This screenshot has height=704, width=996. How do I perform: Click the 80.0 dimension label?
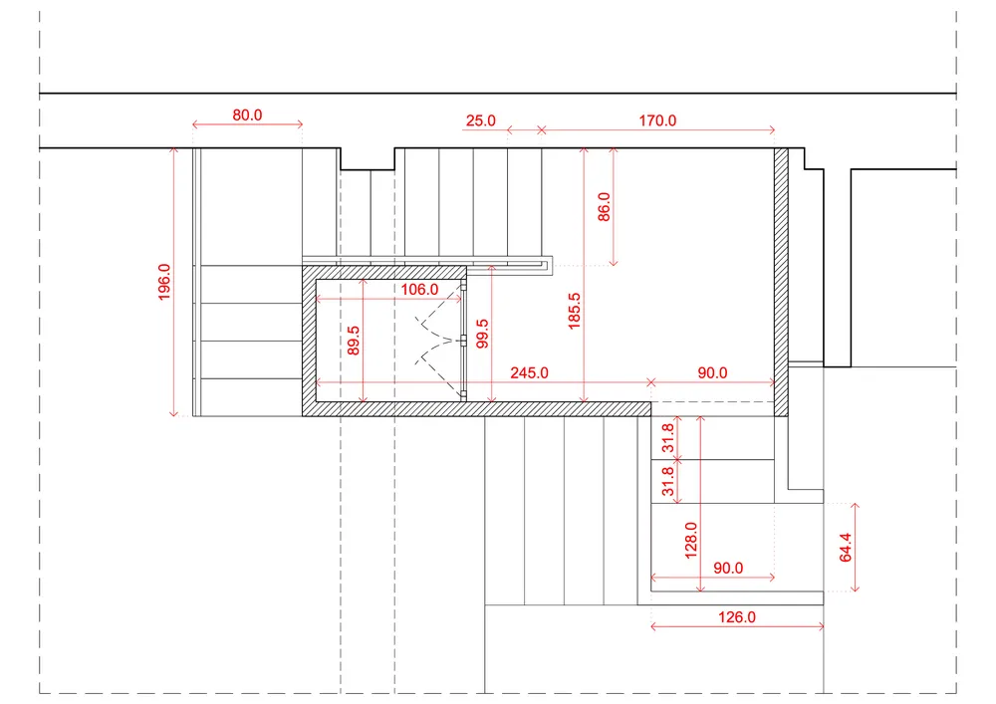247,115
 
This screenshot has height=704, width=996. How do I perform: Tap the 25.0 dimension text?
480,120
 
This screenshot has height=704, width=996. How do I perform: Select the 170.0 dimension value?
657,120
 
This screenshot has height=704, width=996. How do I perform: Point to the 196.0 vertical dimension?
164,281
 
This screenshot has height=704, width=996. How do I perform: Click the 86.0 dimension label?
605,206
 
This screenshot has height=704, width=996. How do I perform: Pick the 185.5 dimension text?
575,311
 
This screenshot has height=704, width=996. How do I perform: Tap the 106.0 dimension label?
419,290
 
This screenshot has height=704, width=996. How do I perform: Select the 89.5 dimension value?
354,341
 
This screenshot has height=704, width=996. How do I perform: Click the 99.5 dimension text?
483,334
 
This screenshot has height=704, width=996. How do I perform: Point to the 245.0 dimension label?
529,372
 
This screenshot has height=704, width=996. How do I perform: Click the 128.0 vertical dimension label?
691,541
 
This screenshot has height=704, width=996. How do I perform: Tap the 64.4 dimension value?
846,548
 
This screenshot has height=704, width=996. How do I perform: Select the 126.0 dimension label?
737,617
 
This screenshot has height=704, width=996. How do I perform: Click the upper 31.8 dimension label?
667,438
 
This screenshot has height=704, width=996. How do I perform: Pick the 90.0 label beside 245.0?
712,372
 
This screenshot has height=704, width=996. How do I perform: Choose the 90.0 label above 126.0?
728,568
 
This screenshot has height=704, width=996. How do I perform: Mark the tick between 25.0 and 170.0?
541,130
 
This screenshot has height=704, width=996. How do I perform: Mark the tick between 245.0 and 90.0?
651,382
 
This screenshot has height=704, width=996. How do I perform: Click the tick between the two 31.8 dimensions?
677,460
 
